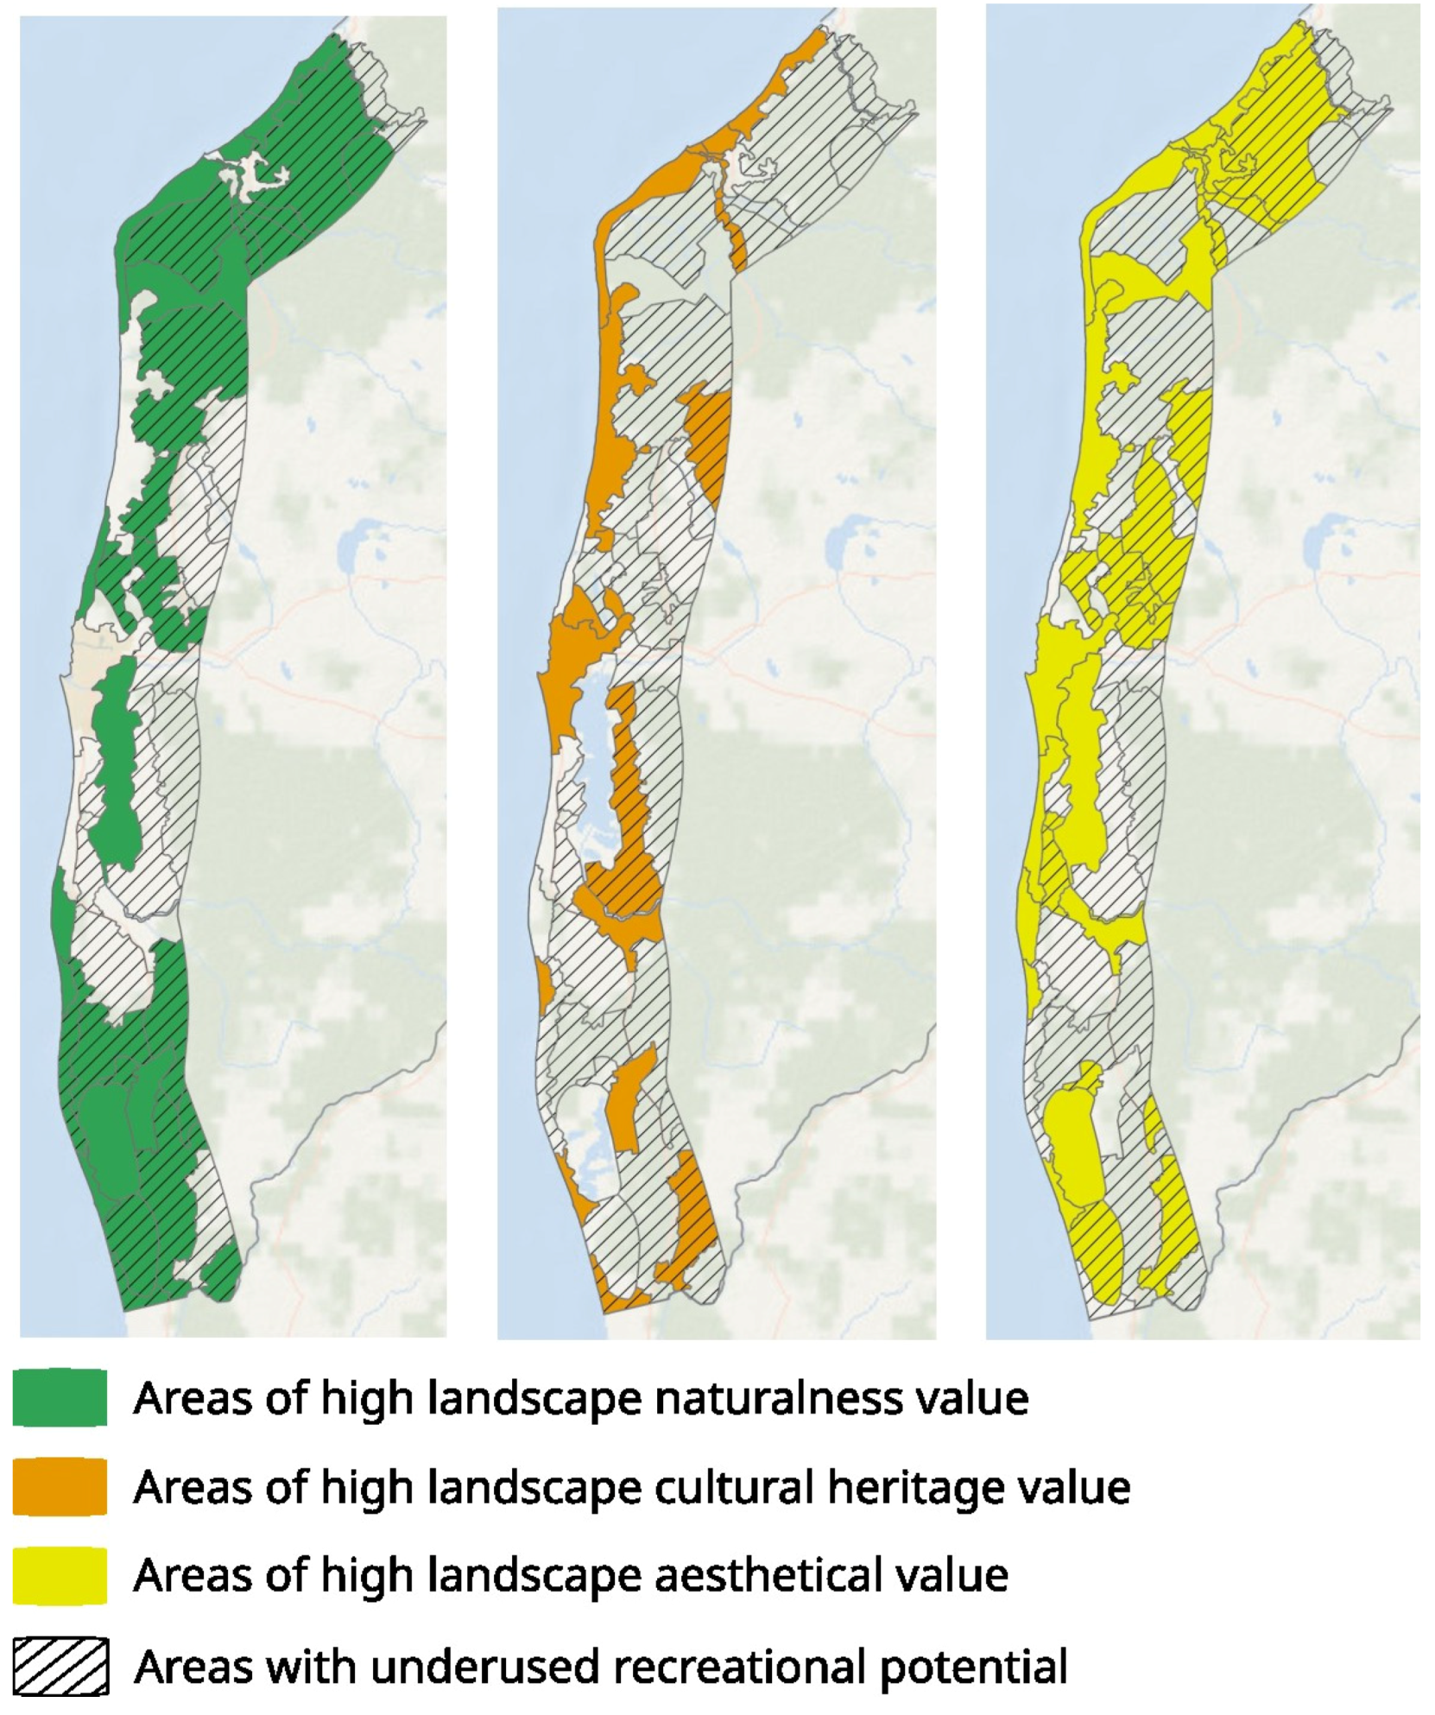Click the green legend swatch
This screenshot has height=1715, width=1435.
click(60, 1396)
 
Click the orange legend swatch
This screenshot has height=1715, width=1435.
click(60, 1486)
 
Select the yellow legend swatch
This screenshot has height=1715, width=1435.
click(60, 1574)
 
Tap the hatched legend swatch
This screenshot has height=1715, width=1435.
click(60, 1665)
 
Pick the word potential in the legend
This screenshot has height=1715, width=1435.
click(973, 1667)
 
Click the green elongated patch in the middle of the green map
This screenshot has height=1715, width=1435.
click(117, 760)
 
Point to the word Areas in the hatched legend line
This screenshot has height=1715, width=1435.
click(193, 1665)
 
